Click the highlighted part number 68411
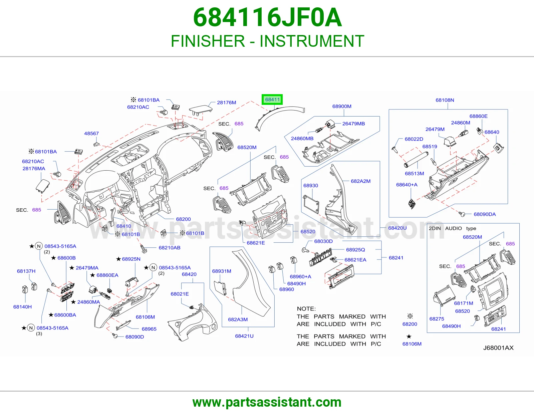coord(272,99)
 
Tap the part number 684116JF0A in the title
coord(267,17)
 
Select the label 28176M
coord(226,102)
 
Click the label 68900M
coord(342,107)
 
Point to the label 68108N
coord(445,100)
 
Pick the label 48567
coord(91,134)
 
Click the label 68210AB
coord(170,247)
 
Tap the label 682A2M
coord(360,181)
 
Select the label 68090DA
coord(485,214)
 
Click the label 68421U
coord(244,336)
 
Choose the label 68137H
coord(26,271)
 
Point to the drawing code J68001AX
coord(498,348)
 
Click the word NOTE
coord(306,309)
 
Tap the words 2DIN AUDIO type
coord(453,228)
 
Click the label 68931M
coord(222,271)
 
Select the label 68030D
coord(323,241)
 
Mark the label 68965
coord(149,329)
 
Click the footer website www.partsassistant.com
coord(267,402)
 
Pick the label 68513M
coord(414,174)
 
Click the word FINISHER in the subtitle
coord(208,41)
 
